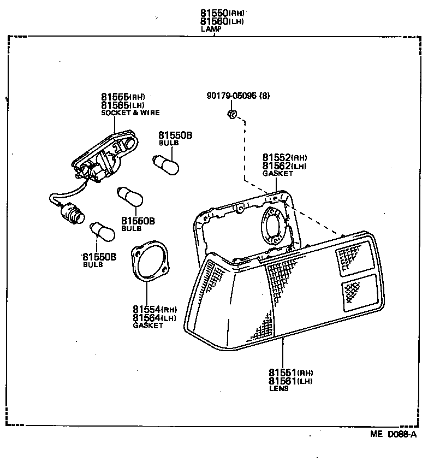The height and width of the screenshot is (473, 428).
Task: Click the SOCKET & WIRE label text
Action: pyautogui.click(x=130, y=113)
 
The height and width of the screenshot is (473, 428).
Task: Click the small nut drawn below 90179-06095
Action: pyautogui.click(x=231, y=114)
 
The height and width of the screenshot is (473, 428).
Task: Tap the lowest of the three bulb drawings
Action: pyautogui.click(x=102, y=232)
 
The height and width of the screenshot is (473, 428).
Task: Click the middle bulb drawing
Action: pyautogui.click(x=130, y=197)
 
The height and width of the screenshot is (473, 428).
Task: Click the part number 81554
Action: pyautogui.click(x=145, y=309)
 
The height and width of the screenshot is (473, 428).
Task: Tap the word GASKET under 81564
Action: pyautogui.click(x=148, y=326)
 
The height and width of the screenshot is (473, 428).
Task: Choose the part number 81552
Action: pyautogui.click(x=276, y=158)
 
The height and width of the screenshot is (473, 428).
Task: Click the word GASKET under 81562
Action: pyautogui.click(x=277, y=173)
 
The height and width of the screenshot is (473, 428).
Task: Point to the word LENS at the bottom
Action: pyautogui.click(x=278, y=389)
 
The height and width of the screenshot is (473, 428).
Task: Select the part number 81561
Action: pyautogui.click(x=282, y=381)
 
